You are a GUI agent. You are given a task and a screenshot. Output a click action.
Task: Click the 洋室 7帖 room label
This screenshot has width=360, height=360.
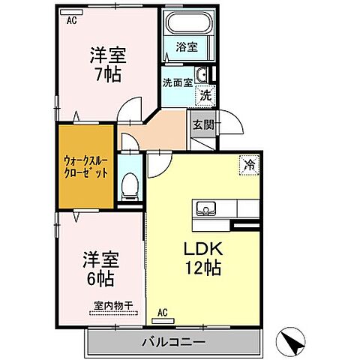coord(108,64)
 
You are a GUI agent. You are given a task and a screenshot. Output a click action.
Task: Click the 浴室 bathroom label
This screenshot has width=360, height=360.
coord(186,46)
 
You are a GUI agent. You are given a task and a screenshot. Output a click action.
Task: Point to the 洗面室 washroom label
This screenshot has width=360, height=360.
coord(178,82)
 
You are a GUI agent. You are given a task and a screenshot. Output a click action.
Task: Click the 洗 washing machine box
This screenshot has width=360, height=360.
coord(203,95)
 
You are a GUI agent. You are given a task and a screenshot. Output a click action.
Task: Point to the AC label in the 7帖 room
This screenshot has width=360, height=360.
coord(71,22)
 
